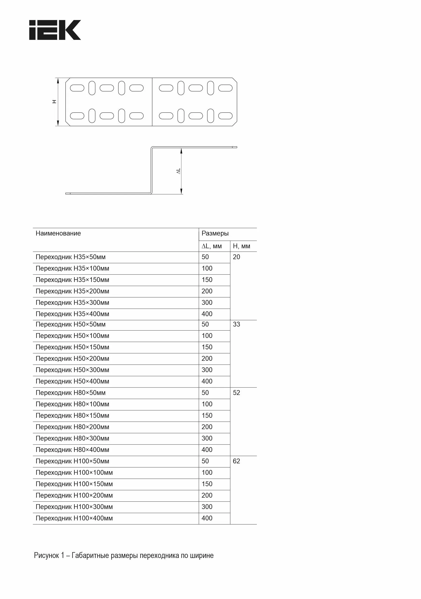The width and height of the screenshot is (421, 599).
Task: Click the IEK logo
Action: [x=55, y=30]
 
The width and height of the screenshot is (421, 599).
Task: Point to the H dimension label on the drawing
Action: [x=54, y=101]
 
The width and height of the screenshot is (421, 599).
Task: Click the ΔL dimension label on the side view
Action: [x=178, y=171]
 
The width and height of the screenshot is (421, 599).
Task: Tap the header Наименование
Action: [x=58, y=233]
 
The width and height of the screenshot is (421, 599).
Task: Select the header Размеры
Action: [x=215, y=233]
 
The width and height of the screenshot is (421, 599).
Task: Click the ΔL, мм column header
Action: [x=211, y=246]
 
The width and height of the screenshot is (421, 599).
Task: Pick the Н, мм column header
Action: [x=241, y=246]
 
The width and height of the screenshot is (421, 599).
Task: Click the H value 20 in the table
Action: [x=236, y=257]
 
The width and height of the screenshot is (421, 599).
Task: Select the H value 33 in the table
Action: [x=236, y=324]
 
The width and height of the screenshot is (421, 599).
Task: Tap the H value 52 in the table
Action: [x=236, y=393]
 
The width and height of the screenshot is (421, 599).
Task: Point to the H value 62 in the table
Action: [x=236, y=461]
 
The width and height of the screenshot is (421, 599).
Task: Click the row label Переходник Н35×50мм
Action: [x=70, y=257]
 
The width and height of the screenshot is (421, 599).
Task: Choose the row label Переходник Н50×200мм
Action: [x=72, y=359]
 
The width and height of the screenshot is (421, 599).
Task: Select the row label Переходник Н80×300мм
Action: [x=72, y=438]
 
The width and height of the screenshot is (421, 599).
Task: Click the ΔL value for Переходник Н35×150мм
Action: [x=207, y=280]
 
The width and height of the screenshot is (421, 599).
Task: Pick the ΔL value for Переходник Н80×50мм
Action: [x=205, y=393]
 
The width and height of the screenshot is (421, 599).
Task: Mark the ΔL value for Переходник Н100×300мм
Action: [x=207, y=507]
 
